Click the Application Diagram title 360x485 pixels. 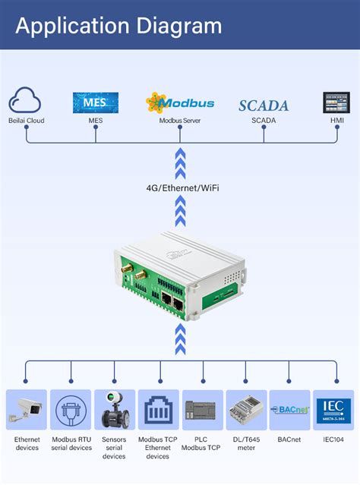tap(118, 26)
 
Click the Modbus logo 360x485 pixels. tap(180, 102)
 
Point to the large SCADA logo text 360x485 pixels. tap(264, 106)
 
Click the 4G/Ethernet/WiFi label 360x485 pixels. tap(180, 187)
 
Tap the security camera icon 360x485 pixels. tap(27, 411)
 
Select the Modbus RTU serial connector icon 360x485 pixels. tap(71, 411)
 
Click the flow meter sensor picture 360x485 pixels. tap(114, 411)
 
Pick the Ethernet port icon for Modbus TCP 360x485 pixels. tap(159, 411)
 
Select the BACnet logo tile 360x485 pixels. tap(290, 411)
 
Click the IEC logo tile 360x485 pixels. tap(334, 411)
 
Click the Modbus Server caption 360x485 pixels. tap(180, 120)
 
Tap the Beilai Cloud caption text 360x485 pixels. tap(27, 120)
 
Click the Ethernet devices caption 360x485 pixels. tap(27, 443)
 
